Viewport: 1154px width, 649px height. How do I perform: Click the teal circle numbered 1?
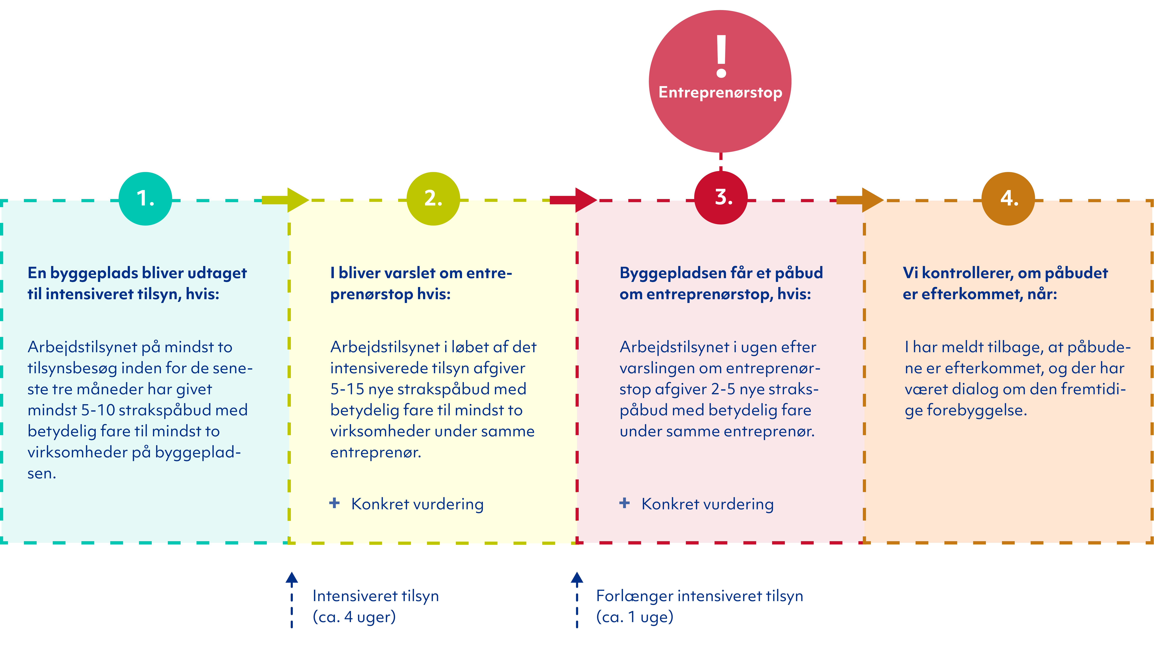click(145, 198)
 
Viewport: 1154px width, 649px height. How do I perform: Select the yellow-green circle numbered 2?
click(433, 198)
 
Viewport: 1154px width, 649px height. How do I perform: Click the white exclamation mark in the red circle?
click(721, 56)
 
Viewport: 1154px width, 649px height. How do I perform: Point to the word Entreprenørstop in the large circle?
click(720, 92)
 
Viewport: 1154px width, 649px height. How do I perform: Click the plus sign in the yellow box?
click(334, 503)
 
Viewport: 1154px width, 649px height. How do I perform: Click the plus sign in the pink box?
click(625, 503)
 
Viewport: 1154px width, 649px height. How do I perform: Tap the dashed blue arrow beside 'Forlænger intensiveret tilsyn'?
click(577, 600)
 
